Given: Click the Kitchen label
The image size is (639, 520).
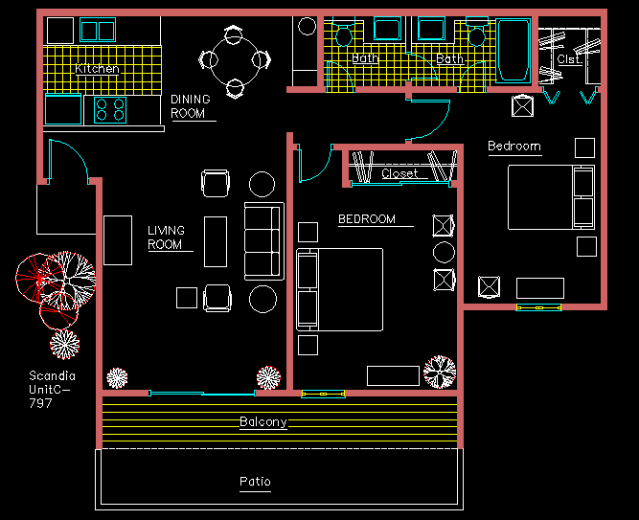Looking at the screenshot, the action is pyautogui.click(x=97, y=68).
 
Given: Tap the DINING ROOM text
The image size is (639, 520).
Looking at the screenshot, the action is pyautogui.click(x=191, y=106).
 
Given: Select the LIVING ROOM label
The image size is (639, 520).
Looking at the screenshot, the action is pyautogui.click(x=166, y=237).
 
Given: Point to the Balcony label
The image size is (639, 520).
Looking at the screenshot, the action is pyautogui.click(x=263, y=421).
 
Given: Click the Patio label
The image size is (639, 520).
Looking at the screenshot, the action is pyautogui.click(x=255, y=482).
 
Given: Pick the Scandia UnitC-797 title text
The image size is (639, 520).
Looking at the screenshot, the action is pyautogui.click(x=52, y=389).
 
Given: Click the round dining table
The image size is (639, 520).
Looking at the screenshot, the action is pyautogui.click(x=235, y=60).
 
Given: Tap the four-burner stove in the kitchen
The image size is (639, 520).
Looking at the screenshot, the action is pyautogui.click(x=110, y=110).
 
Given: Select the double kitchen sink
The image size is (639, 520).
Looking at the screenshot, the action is pyautogui.click(x=98, y=30).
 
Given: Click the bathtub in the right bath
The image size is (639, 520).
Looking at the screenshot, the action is pyautogui.click(x=513, y=50).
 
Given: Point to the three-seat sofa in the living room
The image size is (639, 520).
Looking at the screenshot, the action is pyautogui.click(x=264, y=241).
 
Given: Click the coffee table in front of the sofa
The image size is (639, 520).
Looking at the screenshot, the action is pyautogui.click(x=216, y=241).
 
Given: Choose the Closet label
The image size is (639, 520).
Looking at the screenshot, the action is pyautogui.click(x=399, y=173).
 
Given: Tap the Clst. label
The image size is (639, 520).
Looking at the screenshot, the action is pyautogui.click(x=569, y=59).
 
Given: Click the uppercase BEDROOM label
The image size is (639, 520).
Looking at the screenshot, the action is pyautogui.click(x=367, y=219).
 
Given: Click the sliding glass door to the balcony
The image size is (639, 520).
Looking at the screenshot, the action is pyautogui.click(x=202, y=394).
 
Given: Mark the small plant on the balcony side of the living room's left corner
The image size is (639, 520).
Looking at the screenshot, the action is pyautogui.click(x=117, y=377).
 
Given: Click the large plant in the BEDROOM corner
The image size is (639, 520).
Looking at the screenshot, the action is pyautogui.click(x=440, y=372).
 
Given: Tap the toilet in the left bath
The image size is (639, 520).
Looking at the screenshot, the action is pyautogui.click(x=344, y=33).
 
